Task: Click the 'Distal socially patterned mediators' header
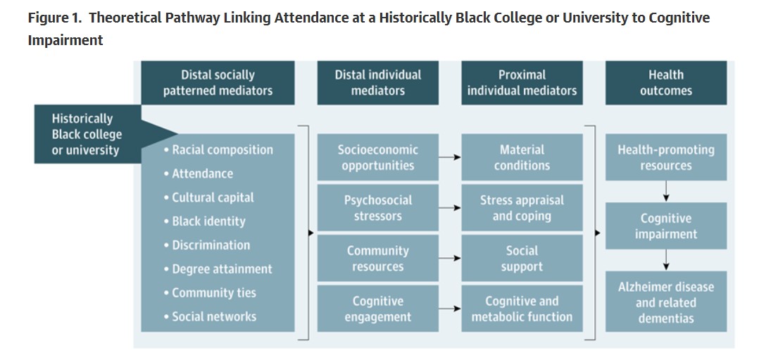(218, 82)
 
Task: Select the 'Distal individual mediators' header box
(377, 82)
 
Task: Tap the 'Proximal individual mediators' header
(522, 82)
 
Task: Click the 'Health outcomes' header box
(665, 82)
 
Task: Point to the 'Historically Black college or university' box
(87, 134)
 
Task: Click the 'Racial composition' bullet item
(222, 149)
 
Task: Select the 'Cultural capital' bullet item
(212, 197)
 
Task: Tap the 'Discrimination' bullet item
(211, 245)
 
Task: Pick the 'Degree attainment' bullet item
(221, 269)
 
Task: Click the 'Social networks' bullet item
(213, 316)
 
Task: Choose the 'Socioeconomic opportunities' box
(377, 157)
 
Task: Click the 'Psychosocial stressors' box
(377, 208)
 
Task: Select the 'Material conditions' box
(522, 157)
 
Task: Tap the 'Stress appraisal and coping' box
(522, 208)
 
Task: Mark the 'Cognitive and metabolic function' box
(522, 309)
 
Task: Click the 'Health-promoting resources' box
(665, 157)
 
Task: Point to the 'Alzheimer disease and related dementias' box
(665, 302)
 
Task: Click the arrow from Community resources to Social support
(450, 259)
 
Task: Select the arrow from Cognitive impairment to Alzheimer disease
(665, 260)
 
